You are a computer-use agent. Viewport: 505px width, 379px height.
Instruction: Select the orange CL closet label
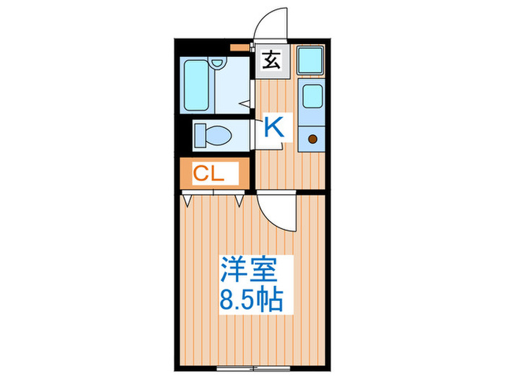pyautogui.click(x=214, y=173)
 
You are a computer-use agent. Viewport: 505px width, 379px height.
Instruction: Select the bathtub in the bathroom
pyautogui.click(x=196, y=84)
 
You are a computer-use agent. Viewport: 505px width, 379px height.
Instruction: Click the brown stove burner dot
pyautogui.click(x=313, y=139)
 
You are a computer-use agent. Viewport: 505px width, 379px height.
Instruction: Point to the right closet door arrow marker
pyautogui.click(x=240, y=199)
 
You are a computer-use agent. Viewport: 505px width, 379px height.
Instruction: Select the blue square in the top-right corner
pyautogui.click(x=312, y=60)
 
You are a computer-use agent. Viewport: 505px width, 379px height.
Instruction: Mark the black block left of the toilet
pyautogui.click(x=184, y=135)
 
